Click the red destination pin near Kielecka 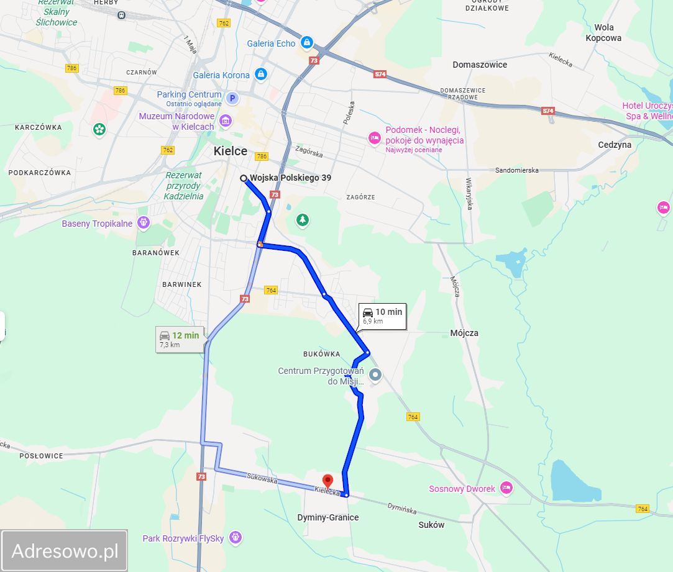(328, 481)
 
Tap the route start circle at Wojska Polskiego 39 (244, 178)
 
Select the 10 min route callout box (382, 316)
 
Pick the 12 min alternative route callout (179, 339)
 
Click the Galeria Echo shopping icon (306, 43)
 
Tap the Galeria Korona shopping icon (261, 75)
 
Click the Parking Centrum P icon (232, 98)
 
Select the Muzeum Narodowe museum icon (226, 120)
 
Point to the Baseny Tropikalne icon (144, 222)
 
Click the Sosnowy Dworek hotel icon (506, 488)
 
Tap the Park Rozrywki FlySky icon (235, 537)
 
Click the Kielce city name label (230, 151)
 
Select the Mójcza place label (464, 333)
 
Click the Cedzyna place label (614, 145)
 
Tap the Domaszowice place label (480, 65)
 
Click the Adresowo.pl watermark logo (65, 550)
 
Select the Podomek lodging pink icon (374, 138)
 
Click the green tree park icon (302, 219)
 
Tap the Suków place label (431, 525)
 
